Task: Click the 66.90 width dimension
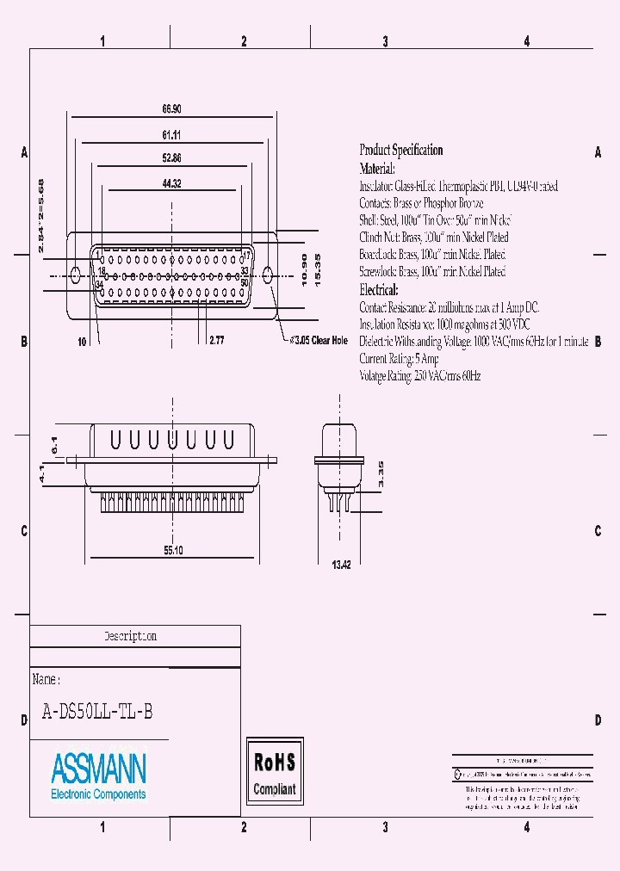[x=170, y=110]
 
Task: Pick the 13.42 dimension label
[x=342, y=565]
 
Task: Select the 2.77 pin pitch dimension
[x=217, y=342]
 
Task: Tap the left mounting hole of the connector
[x=75, y=275]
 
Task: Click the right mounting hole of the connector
[x=267, y=275]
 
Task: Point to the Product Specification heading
[x=400, y=151]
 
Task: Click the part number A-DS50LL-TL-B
[x=98, y=712]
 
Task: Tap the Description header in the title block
[x=131, y=637]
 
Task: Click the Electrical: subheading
[x=378, y=290]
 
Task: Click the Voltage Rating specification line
[x=419, y=376]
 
